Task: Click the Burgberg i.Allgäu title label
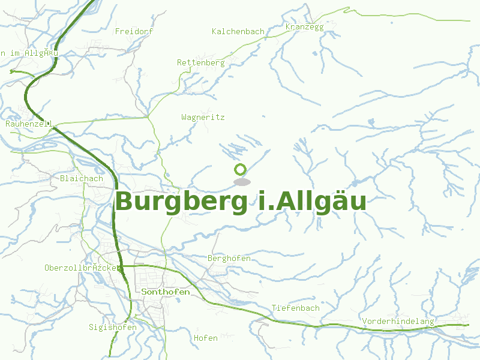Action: (x=241, y=202)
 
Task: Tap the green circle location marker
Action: (x=241, y=170)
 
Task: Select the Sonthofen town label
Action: (x=166, y=292)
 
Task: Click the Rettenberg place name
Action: (x=200, y=62)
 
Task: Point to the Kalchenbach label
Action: (x=238, y=31)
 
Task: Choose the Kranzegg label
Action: (x=305, y=27)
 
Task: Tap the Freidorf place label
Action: (x=134, y=31)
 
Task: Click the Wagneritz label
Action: (x=203, y=118)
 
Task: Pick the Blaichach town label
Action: (x=82, y=178)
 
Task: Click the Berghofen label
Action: (x=229, y=258)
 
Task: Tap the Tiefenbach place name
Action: (x=296, y=308)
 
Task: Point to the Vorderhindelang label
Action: (x=398, y=321)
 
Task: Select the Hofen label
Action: (x=206, y=338)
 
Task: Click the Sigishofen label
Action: (x=113, y=327)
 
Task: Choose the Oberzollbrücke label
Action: (x=83, y=268)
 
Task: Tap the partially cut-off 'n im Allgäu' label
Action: (x=29, y=53)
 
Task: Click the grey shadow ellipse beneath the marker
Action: (x=241, y=182)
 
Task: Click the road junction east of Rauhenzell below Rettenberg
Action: (x=148, y=118)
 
